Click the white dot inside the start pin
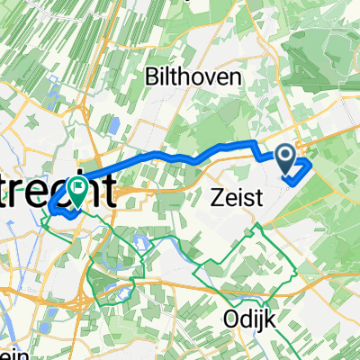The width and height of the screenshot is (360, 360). [287, 157]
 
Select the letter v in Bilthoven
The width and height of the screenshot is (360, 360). [198, 78]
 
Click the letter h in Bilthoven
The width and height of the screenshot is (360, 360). [177, 77]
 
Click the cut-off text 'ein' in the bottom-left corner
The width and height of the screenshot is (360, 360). [7, 353]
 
